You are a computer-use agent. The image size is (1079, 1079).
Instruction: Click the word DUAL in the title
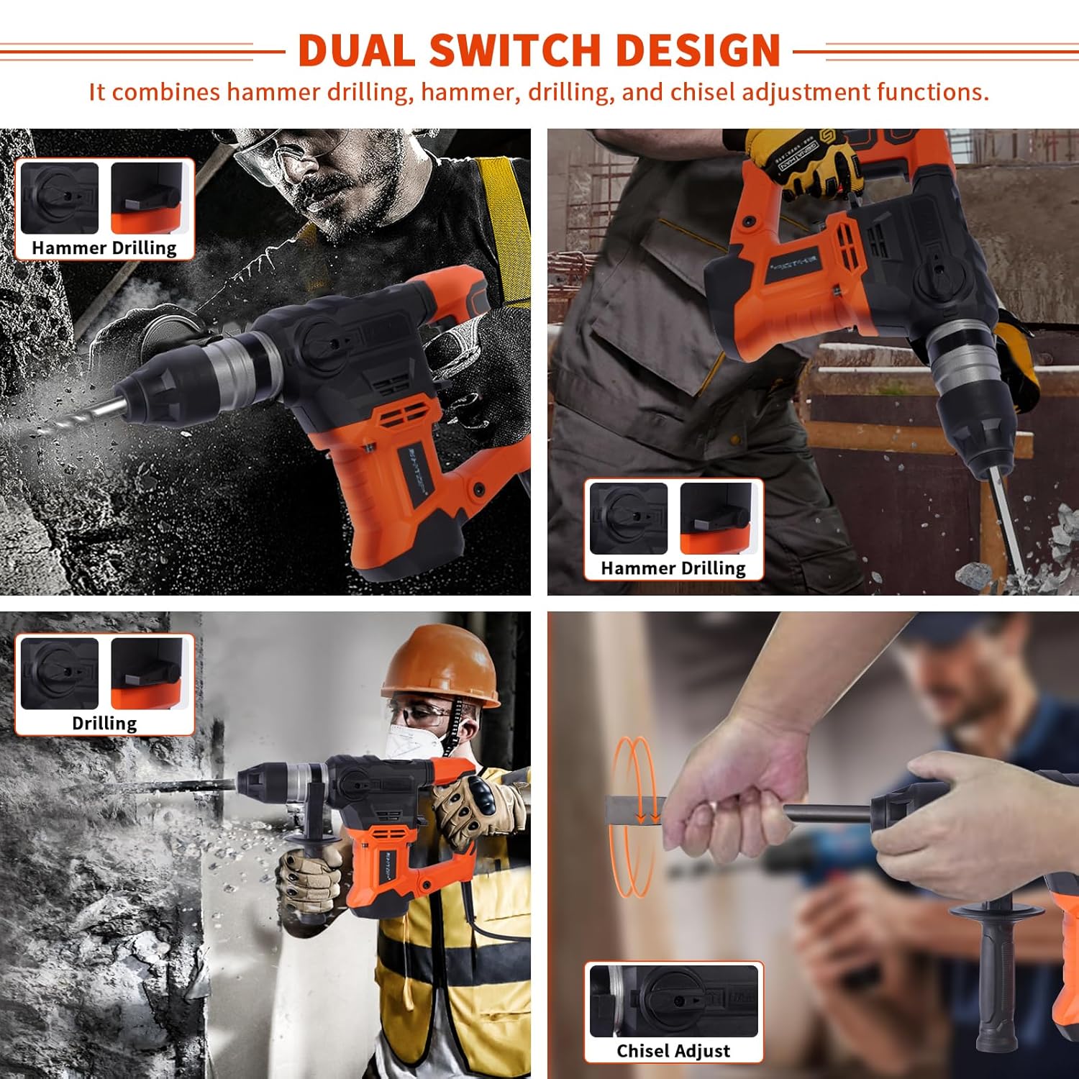pyautogui.click(x=357, y=50)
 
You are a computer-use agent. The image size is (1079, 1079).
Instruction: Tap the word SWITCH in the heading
pyautogui.click(x=515, y=50)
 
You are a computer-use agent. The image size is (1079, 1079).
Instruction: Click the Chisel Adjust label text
pyautogui.click(x=673, y=1051)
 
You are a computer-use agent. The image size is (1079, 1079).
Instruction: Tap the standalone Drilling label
pyautogui.click(x=104, y=723)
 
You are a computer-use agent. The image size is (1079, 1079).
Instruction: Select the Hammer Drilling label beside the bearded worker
pyautogui.click(x=104, y=247)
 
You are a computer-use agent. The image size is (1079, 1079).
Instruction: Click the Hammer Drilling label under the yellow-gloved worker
pyautogui.click(x=673, y=568)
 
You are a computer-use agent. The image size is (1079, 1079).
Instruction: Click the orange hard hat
pyautogui.click(x=440, y=663)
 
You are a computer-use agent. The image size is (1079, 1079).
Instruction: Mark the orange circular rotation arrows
pyautogui.click(x=633, y=816)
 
